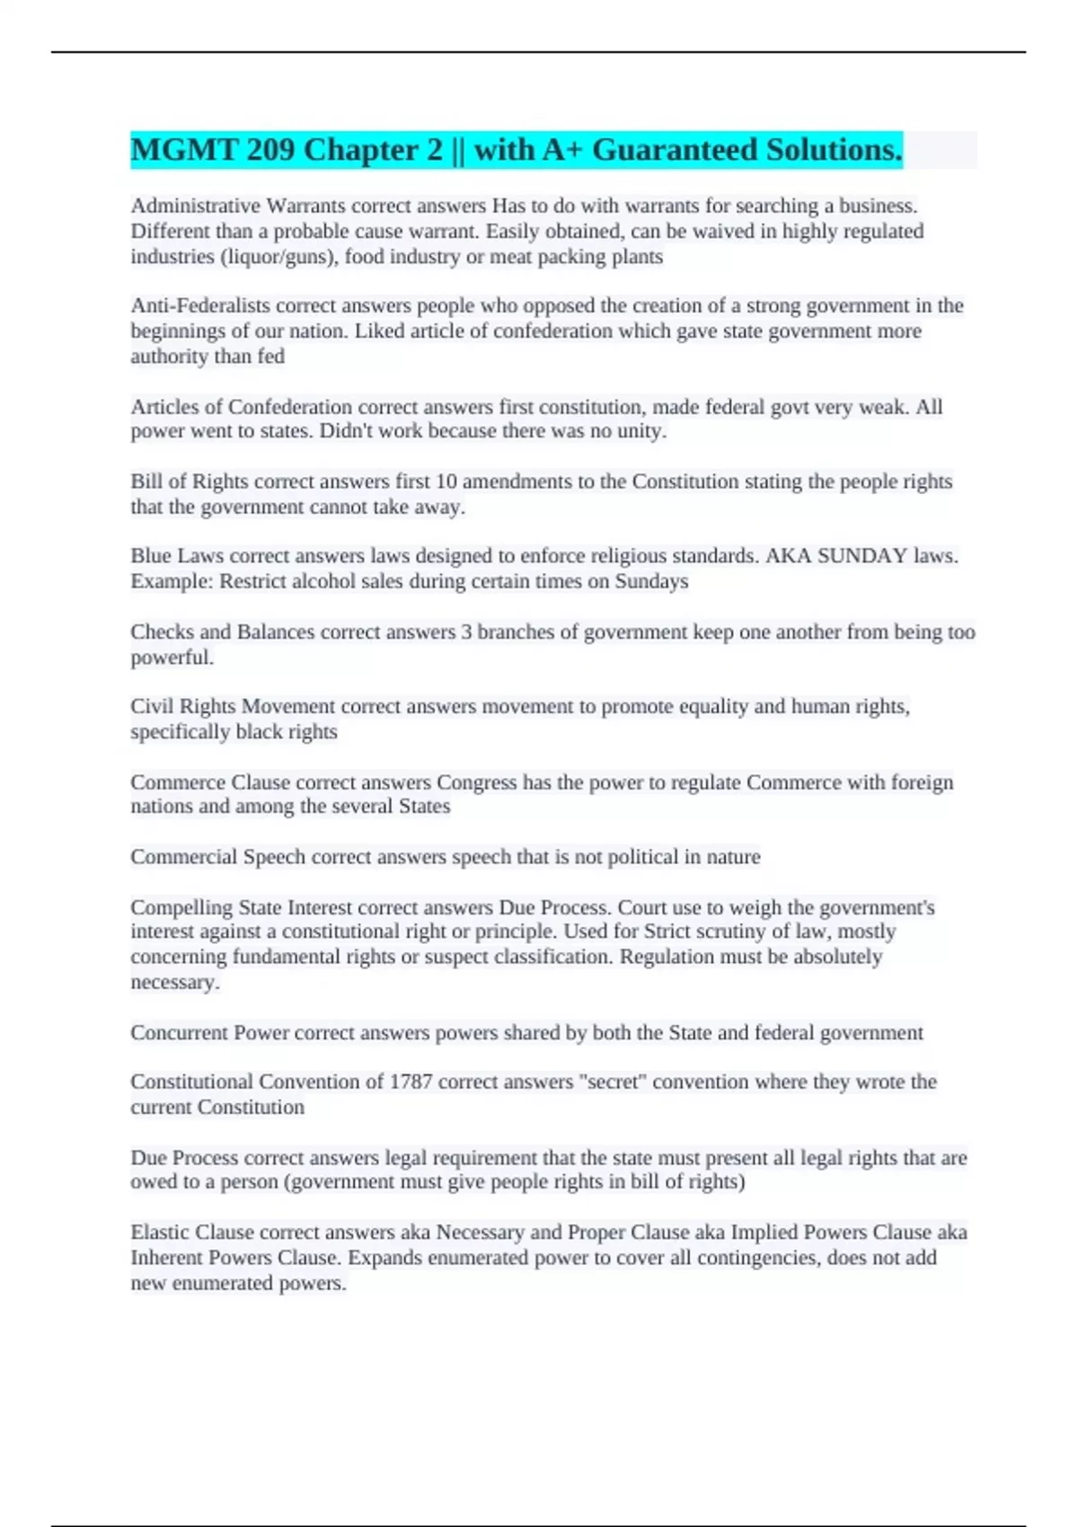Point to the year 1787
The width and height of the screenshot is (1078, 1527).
(411, 1082)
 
